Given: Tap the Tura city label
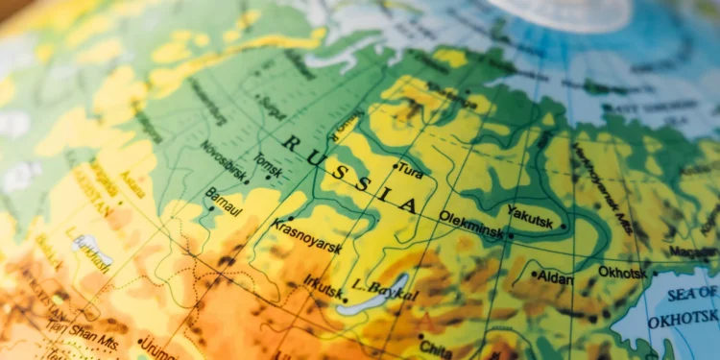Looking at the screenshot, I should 410,173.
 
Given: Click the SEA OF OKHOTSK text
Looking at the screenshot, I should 683,306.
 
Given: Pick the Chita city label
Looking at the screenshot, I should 436,348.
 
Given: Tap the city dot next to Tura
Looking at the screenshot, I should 395,166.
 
